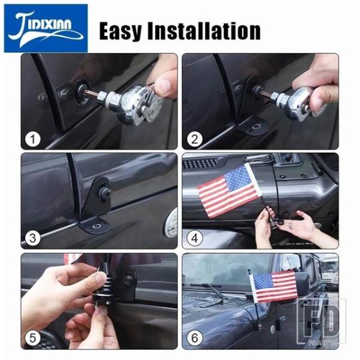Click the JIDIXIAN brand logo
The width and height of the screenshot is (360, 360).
click(46, 28)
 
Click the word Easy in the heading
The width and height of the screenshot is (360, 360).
click(121, 31)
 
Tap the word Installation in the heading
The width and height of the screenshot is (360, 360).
click(204, 31)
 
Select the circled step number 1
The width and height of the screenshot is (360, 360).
click(33, 139)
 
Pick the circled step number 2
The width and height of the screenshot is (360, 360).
click(194, 139)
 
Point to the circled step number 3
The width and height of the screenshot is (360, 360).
click(33, 238)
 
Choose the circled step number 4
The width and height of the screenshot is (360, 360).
click(194, 238)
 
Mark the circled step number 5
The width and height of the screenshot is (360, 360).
click(33, 338)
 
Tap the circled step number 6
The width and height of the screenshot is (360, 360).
click(194, 338)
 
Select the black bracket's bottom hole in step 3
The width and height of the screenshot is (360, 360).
click(96, 226)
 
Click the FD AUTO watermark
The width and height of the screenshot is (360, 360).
click(322, 322)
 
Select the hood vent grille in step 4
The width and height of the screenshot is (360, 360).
click(200, 163)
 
